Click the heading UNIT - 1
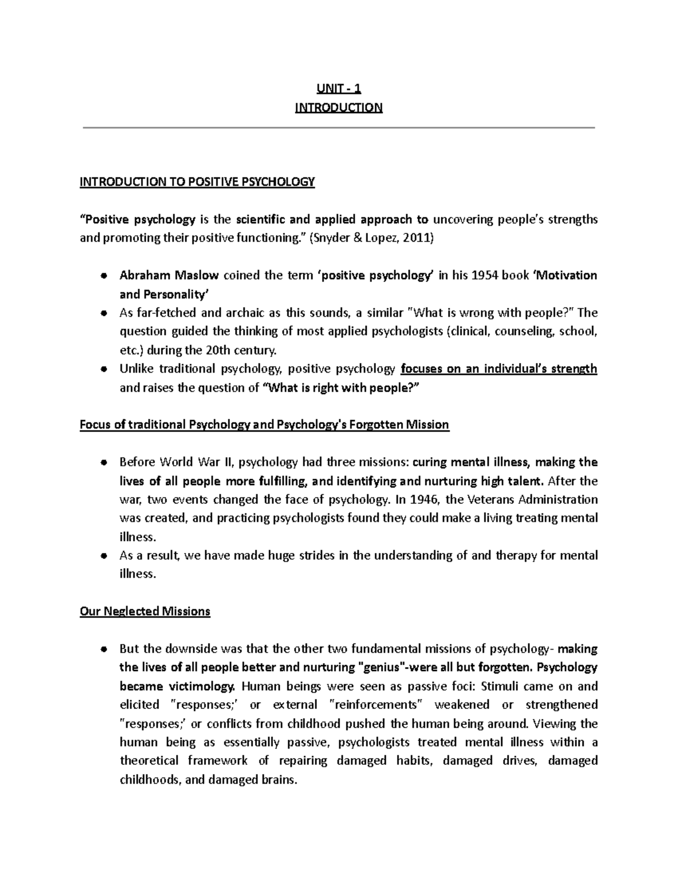[x=338, y=88]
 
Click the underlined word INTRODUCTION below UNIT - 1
[x=338, y=107]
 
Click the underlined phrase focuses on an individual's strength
[x=498, y=369]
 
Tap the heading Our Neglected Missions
[x=145, y=611]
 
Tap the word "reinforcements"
[x=376, y=705]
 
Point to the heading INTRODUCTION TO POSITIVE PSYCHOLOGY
[x=197, y=181]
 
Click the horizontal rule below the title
[x=338, y=128]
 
